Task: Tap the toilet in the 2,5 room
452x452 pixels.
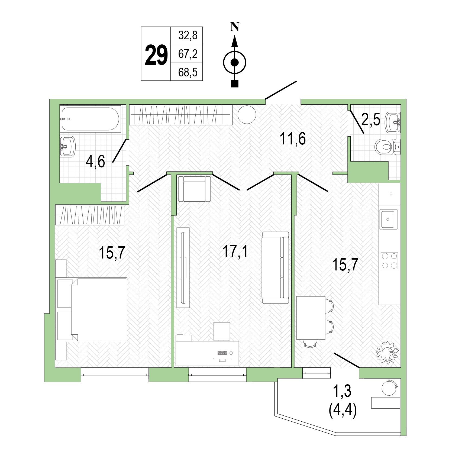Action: click(388, 147)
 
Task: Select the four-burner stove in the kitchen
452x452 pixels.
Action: click(389, 260)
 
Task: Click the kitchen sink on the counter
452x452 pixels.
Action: click(389, 219)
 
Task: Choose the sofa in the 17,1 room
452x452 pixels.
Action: click(275, 267)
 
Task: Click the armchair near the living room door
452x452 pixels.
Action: click(194, 189)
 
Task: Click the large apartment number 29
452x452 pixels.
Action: click(156, 55)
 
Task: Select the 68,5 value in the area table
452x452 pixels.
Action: click(188, 72)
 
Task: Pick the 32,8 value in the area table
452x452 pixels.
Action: click(188, 35)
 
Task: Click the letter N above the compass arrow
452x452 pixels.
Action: click(234, 27)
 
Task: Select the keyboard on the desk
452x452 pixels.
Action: click(222, 353)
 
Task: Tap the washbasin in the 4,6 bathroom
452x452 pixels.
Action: click(67, 146)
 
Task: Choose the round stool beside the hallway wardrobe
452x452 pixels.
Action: click(247, 115)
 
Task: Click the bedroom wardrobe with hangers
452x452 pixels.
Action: click(90, 215)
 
